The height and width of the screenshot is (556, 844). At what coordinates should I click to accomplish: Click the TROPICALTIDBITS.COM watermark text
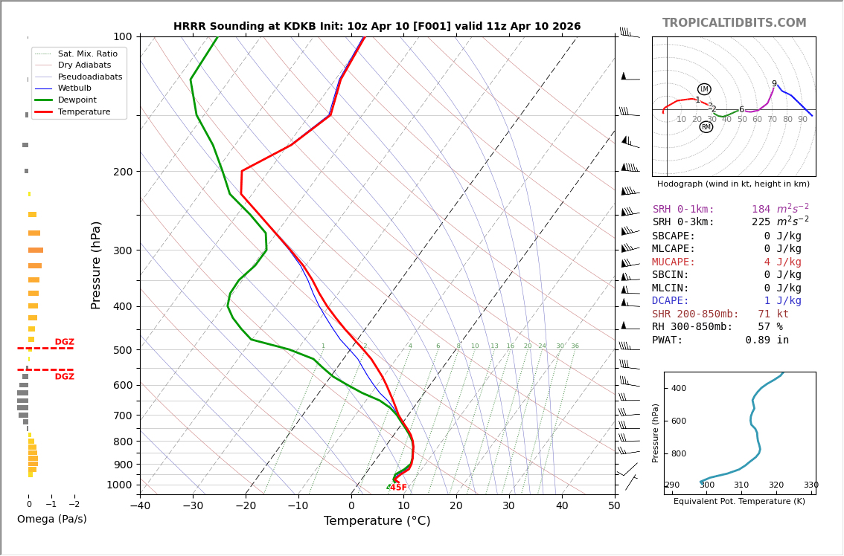[x=734, y=23]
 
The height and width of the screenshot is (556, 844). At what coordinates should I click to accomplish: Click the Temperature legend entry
[x=83, y=111]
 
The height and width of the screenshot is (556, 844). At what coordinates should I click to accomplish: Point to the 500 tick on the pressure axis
[x=123, y=350]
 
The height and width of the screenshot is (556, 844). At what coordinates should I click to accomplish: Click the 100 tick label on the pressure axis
[x=123, y=36]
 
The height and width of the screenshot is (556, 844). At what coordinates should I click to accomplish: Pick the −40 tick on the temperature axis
[x=140, y=506]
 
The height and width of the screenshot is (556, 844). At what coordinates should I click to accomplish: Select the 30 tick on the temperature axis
[x=508, y=506]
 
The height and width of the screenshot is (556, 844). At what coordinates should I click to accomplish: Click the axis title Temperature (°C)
[x=377, y=521]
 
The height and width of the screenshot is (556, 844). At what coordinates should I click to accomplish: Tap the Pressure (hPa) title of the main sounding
[x=96, y=265]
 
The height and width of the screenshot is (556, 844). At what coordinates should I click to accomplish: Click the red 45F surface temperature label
[x=398, y=488]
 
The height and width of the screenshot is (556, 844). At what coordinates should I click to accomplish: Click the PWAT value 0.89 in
[x=767, y=340]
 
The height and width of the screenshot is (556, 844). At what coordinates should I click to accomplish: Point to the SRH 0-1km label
[x=683, y=210]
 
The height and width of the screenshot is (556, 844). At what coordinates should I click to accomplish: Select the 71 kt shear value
[x=773, y=314]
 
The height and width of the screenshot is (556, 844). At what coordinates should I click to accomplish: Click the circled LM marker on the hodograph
[x=704, y=89]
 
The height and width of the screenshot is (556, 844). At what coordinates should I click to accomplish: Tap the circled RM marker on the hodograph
[x=706, y=127]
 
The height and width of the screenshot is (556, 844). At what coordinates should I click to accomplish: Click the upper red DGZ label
[x=64, y=343]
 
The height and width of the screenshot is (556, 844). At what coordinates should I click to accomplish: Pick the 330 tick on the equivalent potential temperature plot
[x=811, y=485]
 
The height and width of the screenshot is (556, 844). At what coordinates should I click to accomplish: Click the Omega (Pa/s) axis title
[x=51, y=520]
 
